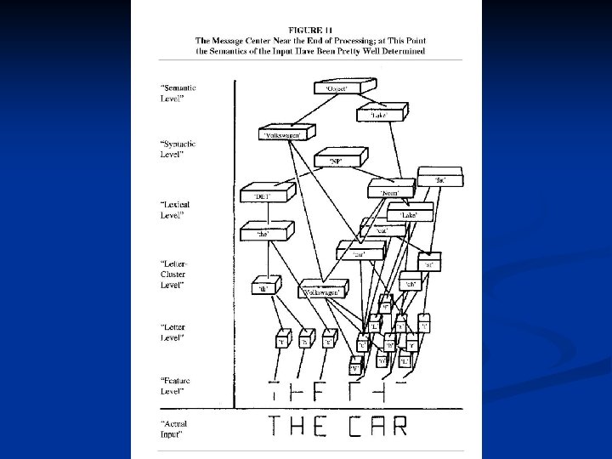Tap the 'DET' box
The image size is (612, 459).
pyautogui.click(x=261, y=195)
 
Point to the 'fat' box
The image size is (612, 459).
pyautogui.click(x=440, y=178)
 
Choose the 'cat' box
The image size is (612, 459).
pyautogui.click(x=382, y=228)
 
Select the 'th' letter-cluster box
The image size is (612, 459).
pyautogui.click(x=263, y=287)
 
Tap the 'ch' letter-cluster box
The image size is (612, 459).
pyautogui.click(x=410, y=284)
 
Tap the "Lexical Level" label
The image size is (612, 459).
pyautogui.click(x=174, y=210)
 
